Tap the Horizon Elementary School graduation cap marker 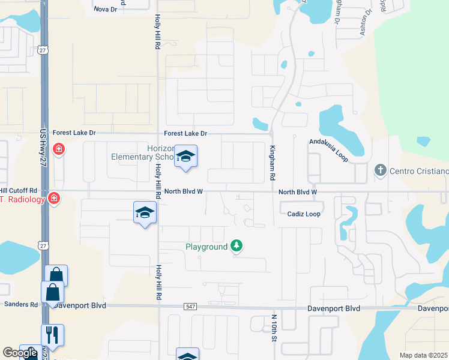186,157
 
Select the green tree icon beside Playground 237,245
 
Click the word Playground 206,247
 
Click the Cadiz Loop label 303,214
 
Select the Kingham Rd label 273,163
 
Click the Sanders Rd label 20,304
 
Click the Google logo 20,353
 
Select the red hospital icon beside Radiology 54,197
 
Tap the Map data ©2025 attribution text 423,355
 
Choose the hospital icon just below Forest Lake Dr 58,149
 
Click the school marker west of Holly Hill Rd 145,213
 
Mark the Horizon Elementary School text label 142,152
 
